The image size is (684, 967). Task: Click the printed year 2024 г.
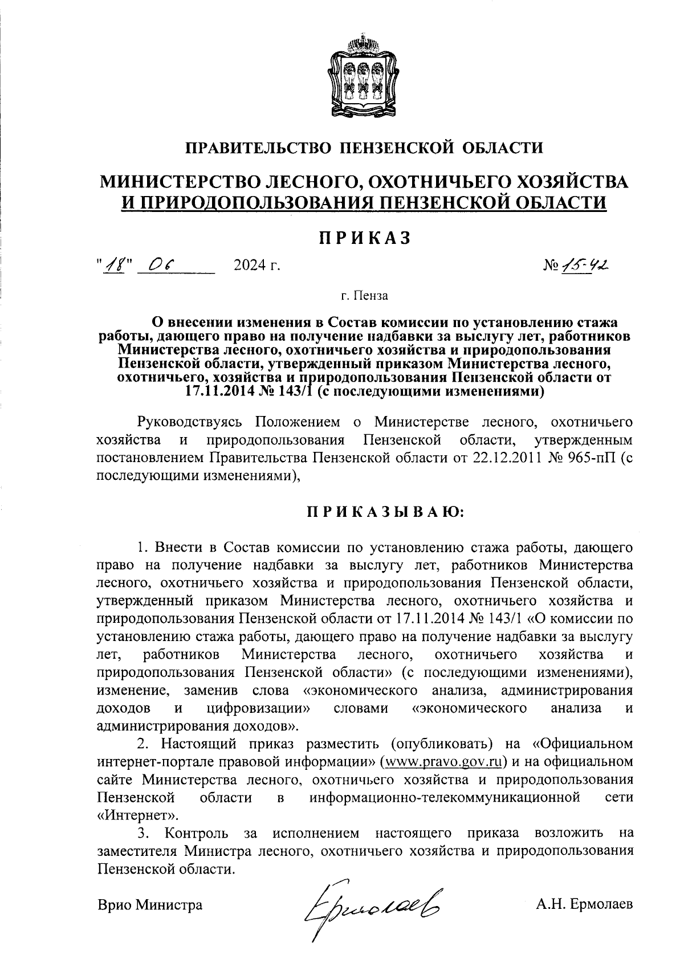(x=257, y=266)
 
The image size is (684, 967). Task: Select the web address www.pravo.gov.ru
(x=445, y=762)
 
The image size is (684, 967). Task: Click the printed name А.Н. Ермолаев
(x=584, y=904)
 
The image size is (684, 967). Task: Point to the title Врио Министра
(x=150, y=904)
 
